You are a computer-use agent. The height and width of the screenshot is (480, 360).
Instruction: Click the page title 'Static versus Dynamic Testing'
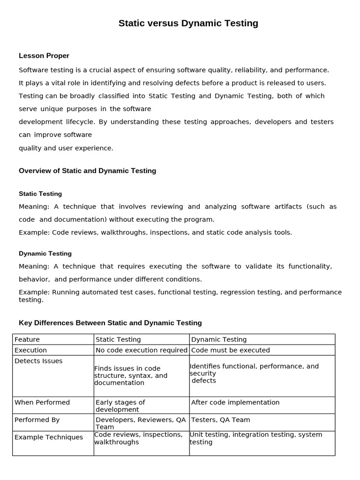coord(188,23)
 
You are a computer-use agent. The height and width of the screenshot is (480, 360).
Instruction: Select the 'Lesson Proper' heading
coord(44,56)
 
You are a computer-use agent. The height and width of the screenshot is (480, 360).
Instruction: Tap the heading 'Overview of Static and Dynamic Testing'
coord(87,171)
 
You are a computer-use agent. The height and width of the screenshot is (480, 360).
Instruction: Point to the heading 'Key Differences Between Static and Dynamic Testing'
coord(110,322)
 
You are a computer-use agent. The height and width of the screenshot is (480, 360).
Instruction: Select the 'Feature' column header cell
coord(27,339)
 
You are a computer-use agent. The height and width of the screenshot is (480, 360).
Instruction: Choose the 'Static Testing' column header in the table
coord(118,339)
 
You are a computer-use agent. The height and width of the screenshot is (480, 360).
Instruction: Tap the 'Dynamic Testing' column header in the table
coord(219,339)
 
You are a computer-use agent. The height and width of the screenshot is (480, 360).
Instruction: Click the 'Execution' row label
coord(31,350)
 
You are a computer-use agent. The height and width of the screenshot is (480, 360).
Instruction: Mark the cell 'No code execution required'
coord(142,350)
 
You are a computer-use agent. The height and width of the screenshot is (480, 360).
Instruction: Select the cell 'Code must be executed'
coord(231,350)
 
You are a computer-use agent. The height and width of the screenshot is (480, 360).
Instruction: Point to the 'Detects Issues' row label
coord(38,361)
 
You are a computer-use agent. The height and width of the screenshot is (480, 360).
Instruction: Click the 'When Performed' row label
coord(42,402)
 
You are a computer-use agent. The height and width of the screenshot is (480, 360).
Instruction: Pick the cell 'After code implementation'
coord(235,402)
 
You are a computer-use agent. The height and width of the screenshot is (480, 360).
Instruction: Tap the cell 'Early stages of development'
coord(120,406)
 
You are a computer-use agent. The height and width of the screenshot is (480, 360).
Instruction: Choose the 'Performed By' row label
coord(37,420)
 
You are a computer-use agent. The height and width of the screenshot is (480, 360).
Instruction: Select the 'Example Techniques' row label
coord(49,437)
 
